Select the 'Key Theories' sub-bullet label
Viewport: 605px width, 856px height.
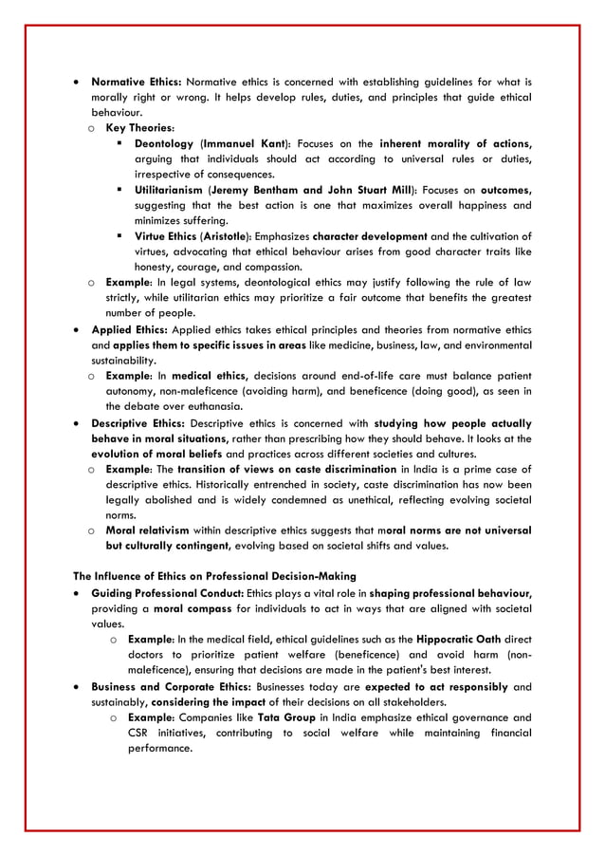pyautogui.click(x=139, y=128)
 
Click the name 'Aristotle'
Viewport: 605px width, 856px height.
pyautogui.click(x=222, y=236)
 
